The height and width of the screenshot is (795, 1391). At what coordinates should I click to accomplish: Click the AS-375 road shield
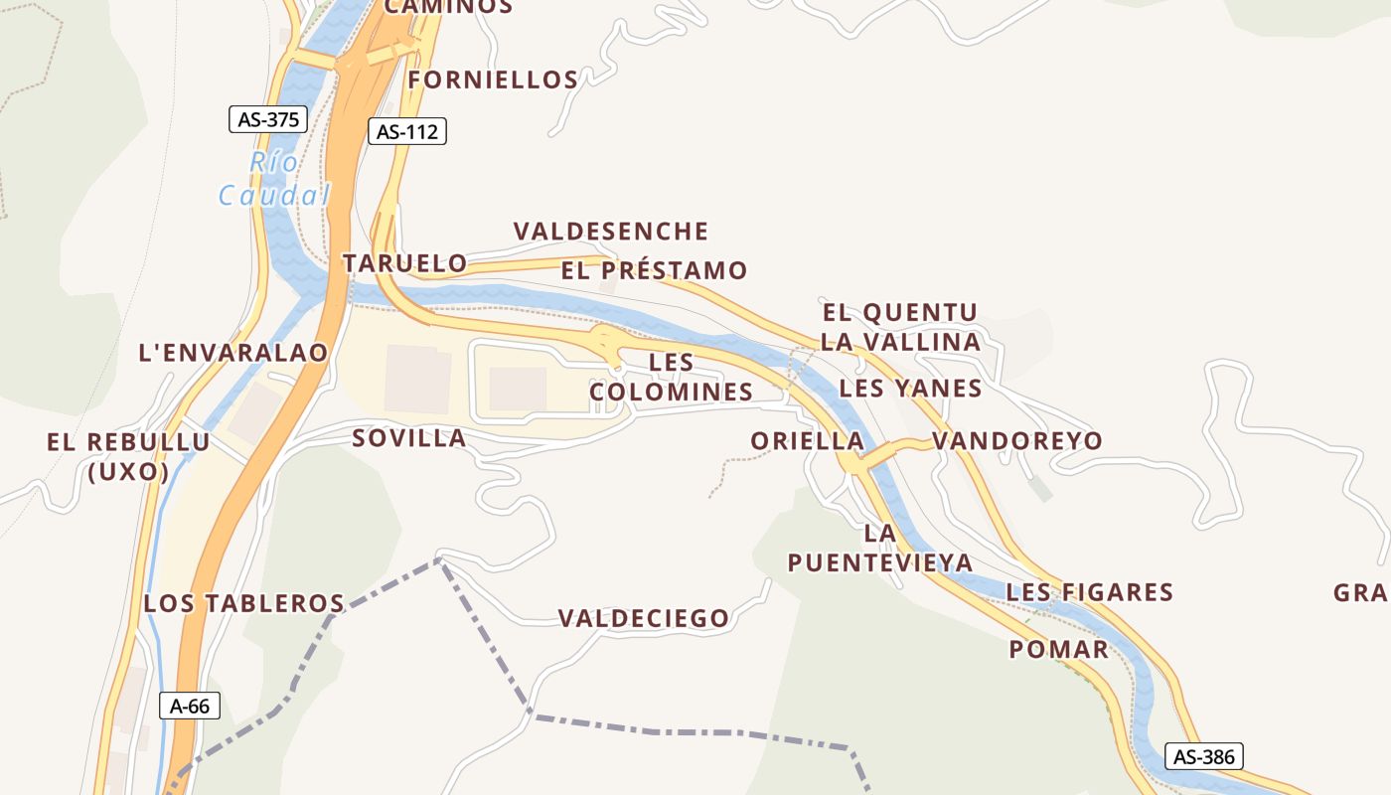(268, 120)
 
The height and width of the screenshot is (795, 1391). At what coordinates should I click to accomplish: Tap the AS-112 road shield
(407, 131)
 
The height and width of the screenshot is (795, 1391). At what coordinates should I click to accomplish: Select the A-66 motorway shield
(190, 707)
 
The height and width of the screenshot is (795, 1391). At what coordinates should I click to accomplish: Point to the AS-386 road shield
(1204, 756)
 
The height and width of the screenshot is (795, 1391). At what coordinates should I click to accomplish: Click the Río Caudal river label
(273, 179)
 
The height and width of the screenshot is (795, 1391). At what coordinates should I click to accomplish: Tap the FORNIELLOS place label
(493, 79)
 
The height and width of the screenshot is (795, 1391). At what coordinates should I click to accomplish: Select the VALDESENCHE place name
(611, 232)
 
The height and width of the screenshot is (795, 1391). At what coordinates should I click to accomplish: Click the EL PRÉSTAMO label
(654, 270)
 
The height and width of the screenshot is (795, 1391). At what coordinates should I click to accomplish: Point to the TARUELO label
(404, 263)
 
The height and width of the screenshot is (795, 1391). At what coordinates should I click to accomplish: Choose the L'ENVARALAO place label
(233, 353)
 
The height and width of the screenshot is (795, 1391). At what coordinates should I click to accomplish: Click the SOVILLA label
(409, 438)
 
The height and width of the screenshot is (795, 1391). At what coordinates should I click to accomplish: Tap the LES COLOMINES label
(672, 378)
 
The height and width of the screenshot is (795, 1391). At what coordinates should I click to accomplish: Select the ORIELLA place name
(807, 440)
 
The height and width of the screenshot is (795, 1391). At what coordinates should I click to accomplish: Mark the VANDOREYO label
(1017, 440)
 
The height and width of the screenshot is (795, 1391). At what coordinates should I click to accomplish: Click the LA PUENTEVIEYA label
(880, 548)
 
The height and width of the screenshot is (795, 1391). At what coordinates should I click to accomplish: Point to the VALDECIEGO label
(644, 618)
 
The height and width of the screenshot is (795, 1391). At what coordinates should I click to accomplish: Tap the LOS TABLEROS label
(243, 603)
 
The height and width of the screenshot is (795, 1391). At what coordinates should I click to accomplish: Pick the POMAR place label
(1058, 650)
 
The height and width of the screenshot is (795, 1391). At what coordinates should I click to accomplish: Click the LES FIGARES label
(1090, 593)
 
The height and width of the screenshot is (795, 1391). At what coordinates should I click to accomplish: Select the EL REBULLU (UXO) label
(128, 457)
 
